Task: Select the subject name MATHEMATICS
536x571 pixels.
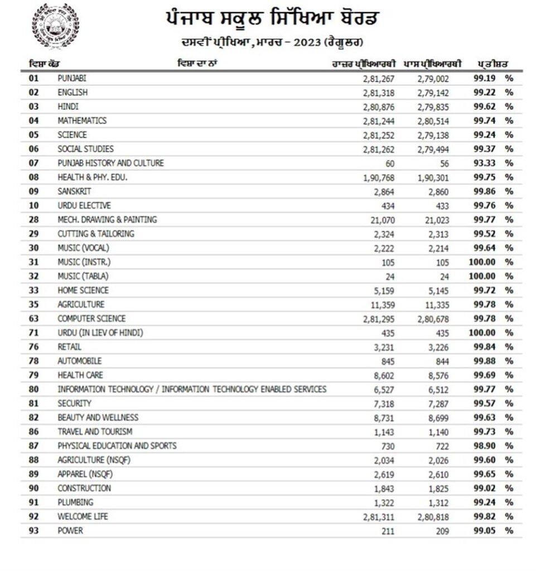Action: click(x=82, y=120)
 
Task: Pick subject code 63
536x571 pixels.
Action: click(x=34, y=318)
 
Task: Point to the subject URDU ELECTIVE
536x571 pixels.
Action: click(x=84, y=205)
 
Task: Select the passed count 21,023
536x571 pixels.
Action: click(x=433, y=220)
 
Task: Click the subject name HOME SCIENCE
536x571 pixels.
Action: click(x=83, y=290)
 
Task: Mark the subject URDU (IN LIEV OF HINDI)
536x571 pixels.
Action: click(x=100, y=333)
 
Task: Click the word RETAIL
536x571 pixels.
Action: click(x=70, y=347)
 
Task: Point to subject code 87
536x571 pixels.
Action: click(x=34, y=446)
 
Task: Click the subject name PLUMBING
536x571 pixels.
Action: click(x=75, y=502)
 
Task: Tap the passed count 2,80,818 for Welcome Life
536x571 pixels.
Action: click(x=433, y=517)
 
